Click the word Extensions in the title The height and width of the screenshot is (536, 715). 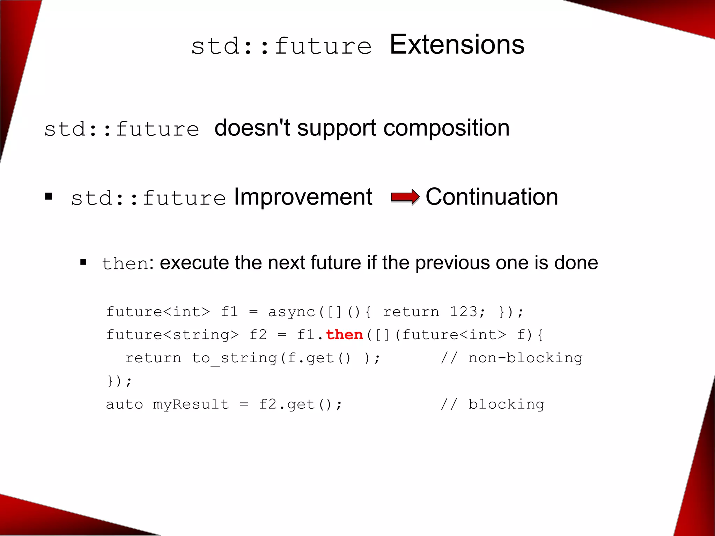[457, 45]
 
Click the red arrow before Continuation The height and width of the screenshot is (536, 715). [405, 197]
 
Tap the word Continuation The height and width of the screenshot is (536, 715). [492, 197]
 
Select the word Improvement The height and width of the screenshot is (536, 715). [303, 197]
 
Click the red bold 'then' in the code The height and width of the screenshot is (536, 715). [344, 335]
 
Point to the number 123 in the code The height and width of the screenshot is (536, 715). [463, 311]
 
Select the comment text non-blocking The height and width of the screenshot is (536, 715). [525, 358]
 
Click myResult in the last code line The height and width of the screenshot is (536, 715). [191, 404]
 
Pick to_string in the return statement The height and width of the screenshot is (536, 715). [234, 358]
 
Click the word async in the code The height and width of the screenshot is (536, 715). [292, 312]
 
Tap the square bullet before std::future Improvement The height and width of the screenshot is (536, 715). [49, 196]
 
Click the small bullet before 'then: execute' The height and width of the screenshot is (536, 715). [83, 262]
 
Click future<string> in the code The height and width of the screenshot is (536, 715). [172, 335]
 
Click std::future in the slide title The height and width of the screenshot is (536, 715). [281, 46]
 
